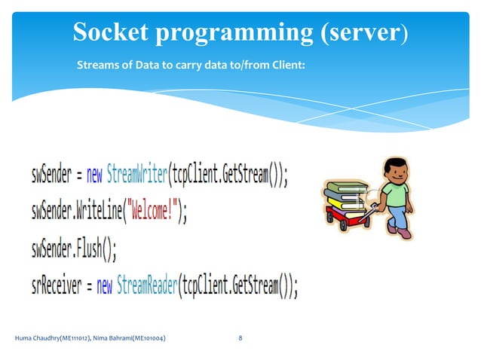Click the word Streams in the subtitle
point(97,66)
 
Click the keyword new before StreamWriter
point(94,176)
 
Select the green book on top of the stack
point(345,186)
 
